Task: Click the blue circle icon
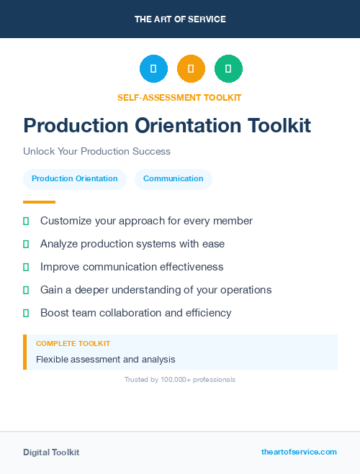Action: tap(153, 68)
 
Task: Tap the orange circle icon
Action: tap(191, 68)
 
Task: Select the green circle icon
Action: tap(228, 68)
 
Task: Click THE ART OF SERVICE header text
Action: tap(180, 19)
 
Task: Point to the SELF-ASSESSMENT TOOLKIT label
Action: tap(179, 97)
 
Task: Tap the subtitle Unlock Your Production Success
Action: tap(96, 152)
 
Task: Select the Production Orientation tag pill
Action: tap(75, 179)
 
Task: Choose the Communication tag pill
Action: tap(173, 179)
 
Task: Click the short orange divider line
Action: tap(39, 202)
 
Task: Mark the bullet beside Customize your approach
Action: tap(26, 221)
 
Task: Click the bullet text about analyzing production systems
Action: tap(132, 244)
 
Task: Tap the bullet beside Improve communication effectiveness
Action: tap(26, 267)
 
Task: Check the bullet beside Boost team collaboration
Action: tap(26, 313)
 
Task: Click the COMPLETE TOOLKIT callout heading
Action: tap(73, 344)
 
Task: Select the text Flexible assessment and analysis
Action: tap(106, 360)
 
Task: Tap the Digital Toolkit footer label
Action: tap(51, 452)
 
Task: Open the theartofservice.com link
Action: tap(299, 452)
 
